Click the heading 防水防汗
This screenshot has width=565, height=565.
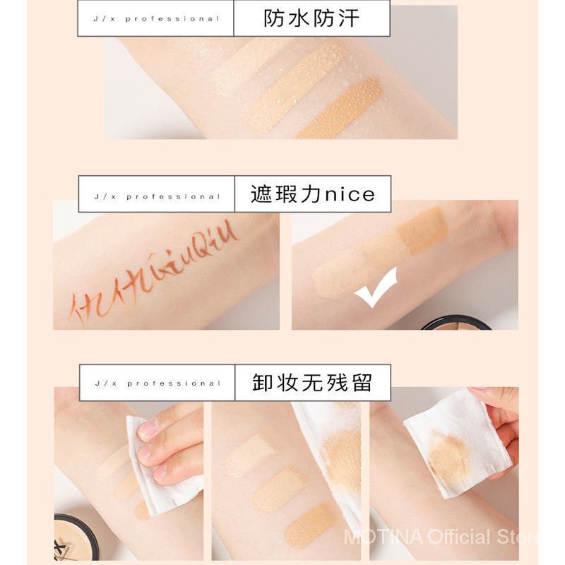point(311,18)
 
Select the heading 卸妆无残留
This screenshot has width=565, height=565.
point(311,383)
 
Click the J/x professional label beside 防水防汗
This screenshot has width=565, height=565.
point(156,18)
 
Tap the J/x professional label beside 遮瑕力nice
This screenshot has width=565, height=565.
point(156,196)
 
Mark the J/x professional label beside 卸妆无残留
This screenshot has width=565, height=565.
point(156,383)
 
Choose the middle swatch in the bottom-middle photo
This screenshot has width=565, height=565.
point(279,487)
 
